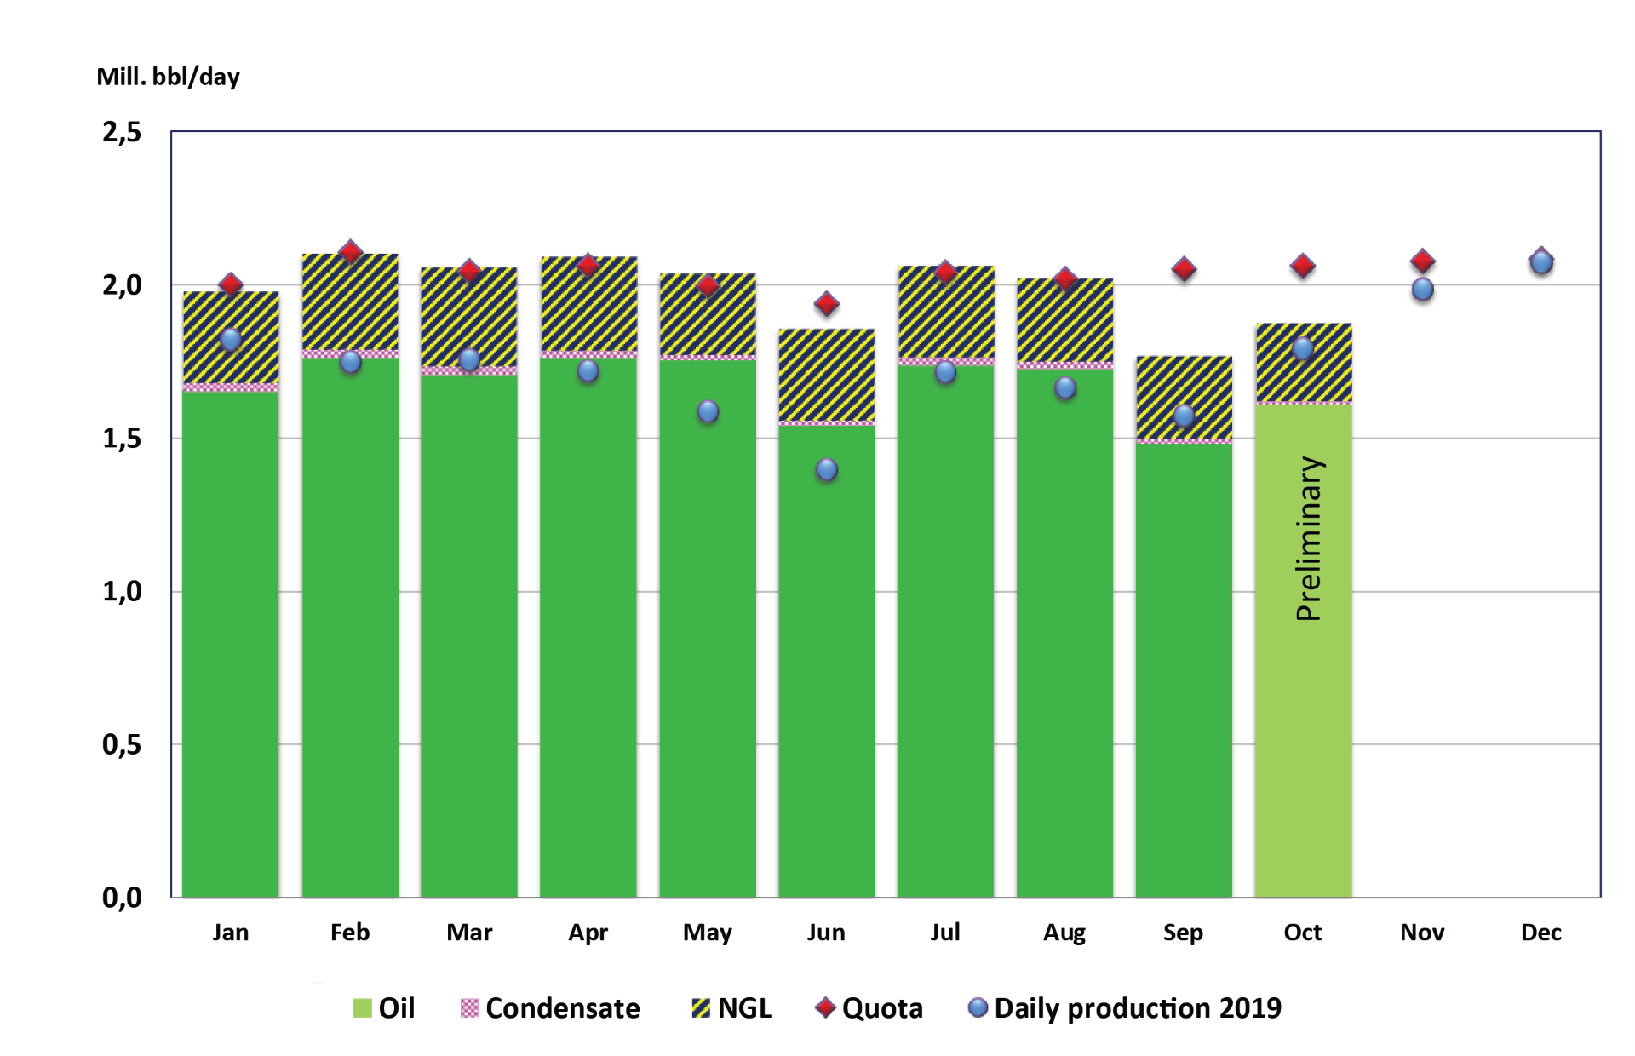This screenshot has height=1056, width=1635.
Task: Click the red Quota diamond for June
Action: (x=826, y=303)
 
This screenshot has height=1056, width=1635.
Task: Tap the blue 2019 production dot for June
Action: (x=826, y=469)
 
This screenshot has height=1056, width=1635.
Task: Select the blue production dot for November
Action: (x=1422, y=290)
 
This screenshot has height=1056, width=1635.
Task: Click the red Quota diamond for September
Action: (x=1184, y=269)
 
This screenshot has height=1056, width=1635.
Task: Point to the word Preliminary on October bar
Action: (x=1309, y=538)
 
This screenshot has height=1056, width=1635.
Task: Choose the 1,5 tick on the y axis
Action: (x=122, y=439)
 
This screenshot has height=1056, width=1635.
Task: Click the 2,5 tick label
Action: (x=122, y=132)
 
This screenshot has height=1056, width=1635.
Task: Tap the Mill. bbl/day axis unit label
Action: (x=168, y=77)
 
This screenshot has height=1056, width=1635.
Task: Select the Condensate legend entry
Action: (x=550, y=1008)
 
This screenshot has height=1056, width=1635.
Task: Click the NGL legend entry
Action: (x=731, y=1008)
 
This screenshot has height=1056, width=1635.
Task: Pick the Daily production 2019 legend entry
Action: (x=1124, y=1008)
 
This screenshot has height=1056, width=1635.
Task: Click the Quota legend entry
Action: (x=869, y=1008)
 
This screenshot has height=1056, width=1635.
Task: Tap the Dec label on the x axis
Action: (x=1540, y=933)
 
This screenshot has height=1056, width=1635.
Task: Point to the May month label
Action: (x=707, y=933)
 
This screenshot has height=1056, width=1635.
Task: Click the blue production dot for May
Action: (x=708, y=411)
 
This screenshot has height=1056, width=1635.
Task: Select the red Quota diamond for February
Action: (x=350, y=252)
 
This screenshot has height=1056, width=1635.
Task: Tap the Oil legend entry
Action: (x=384, y=1008)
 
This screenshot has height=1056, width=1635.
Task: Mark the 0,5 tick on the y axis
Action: (x=122, y=745)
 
